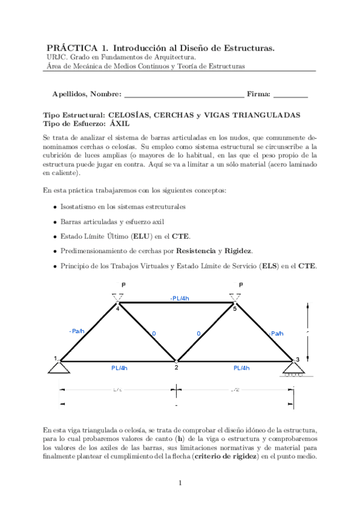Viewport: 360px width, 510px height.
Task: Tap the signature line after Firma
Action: coord(290,95)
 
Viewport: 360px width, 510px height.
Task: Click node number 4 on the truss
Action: coord(118,309)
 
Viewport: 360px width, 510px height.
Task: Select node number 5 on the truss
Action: coord(234,309)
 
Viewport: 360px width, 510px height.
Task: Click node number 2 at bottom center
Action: coord(176,367)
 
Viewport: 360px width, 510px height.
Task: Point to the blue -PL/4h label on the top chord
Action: coord(179,298)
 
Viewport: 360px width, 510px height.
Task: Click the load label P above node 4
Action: coord(123,284)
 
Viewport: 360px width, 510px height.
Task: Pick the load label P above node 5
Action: coord(240,284)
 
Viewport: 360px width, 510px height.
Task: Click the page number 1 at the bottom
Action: coord(180,483)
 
